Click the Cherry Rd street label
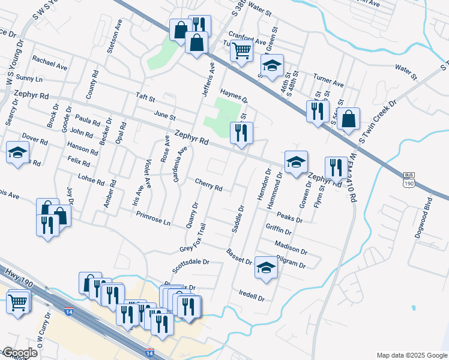(x=209, y=184)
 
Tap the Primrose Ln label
(x=153, y=218)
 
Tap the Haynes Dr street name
(x=234, y=95)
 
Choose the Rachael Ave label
(x=50, y=63)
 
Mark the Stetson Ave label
(x=112, y=40)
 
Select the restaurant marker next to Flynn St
(x=336, y=167)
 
